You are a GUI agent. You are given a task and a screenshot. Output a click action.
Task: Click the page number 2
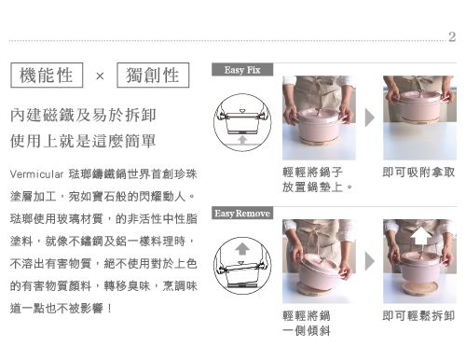(x=452, y=38)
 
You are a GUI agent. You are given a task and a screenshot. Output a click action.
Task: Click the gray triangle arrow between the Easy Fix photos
(x=369, y=118)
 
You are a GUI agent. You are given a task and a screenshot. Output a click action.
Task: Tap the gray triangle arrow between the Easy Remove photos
(x=369, y=262)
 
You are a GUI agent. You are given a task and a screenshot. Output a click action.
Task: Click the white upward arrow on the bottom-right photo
(x=418, y=247)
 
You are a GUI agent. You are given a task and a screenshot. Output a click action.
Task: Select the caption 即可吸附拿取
(x=418, y=173)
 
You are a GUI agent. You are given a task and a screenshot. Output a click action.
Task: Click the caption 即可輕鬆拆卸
(x=418, y=316)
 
